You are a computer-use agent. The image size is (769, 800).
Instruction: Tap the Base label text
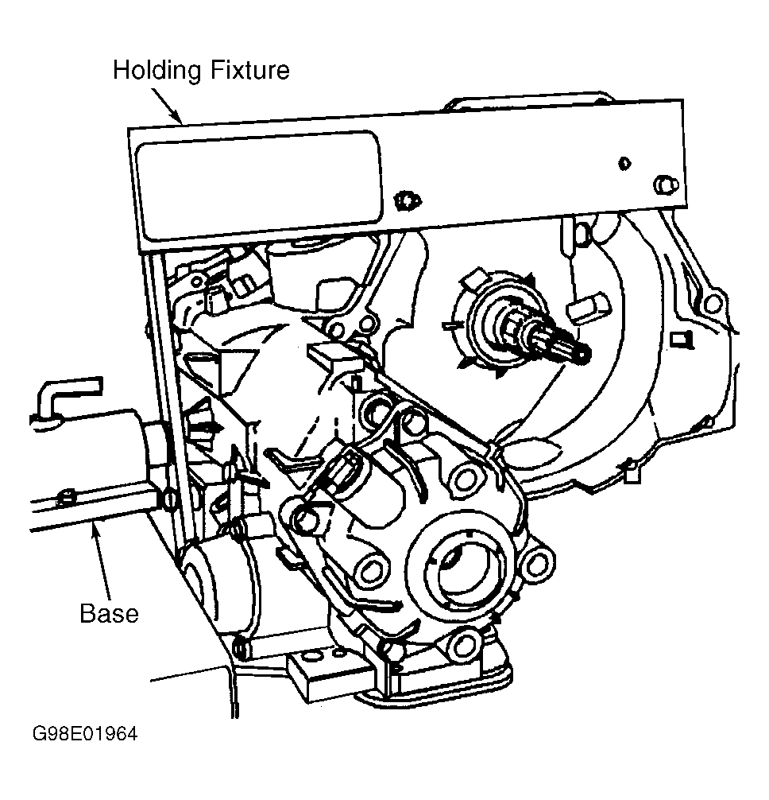[109, 614]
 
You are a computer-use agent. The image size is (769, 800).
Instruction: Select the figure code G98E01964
[85, 734]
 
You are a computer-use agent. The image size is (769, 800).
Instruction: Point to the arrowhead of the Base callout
[93, 530]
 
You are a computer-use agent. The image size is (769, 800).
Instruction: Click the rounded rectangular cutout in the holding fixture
[259, 184]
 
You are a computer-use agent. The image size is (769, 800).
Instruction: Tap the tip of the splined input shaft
[584, 354]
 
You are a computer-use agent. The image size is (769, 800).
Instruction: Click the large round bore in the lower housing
[465, 565]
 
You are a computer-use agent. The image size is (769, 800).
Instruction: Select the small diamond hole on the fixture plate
[624, 163]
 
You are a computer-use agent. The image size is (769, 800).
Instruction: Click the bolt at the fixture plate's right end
[663, 184]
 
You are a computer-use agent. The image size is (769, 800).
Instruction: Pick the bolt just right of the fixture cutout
[405, 200]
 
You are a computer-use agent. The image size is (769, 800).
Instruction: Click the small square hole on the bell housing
[677, 339]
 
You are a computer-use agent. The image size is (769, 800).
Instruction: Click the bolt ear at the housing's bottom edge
[465, 645]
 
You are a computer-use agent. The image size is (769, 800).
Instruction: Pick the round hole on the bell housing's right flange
[713, 304]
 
